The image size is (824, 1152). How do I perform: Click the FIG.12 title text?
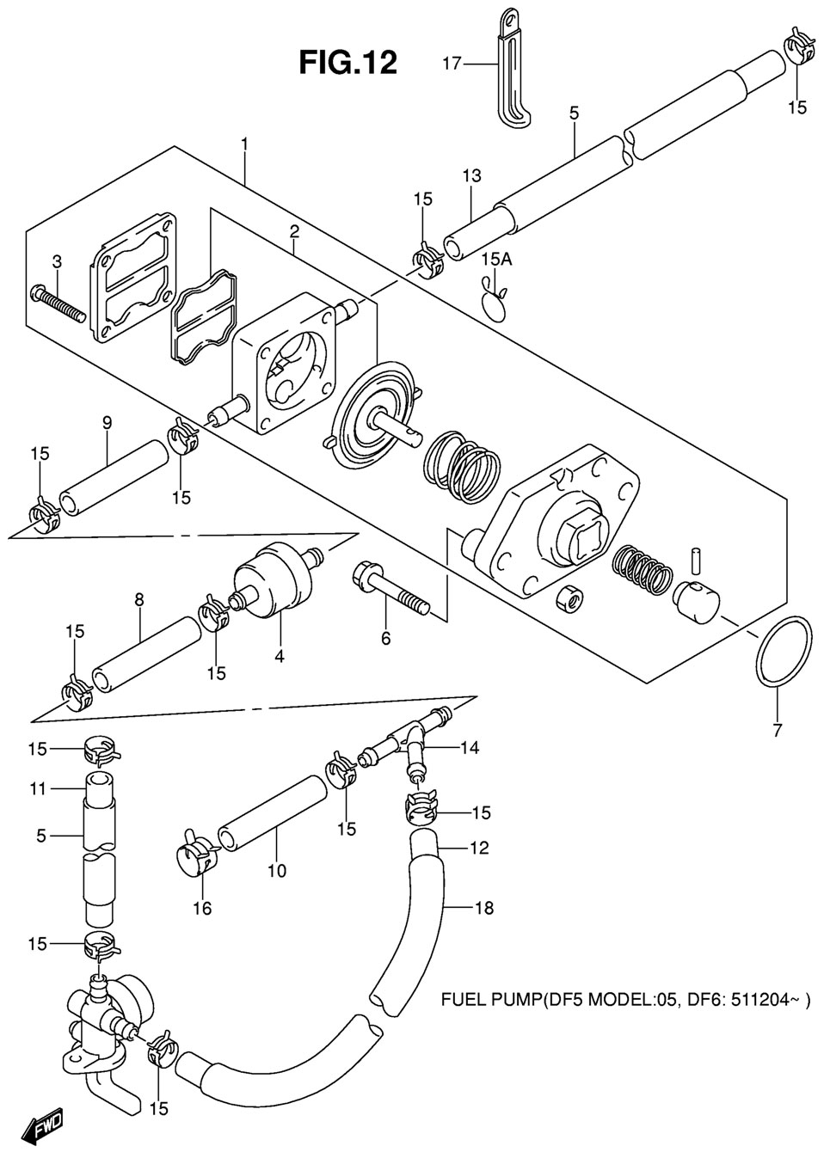click(348, 63)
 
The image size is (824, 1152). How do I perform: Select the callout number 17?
click(452, 64)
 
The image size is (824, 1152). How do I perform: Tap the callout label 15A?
click(496, 260)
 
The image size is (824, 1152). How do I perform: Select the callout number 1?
click(244, 144)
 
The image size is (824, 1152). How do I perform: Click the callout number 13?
click(471, 176)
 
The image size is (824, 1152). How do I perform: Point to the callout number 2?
click(294, 232)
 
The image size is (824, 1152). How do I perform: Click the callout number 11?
click(38, 788)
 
